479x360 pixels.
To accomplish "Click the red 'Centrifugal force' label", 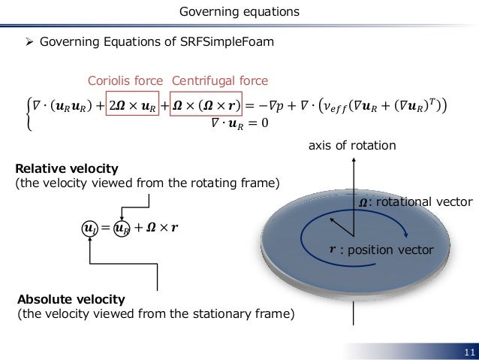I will point(220,80).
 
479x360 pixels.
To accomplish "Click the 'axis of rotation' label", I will point(351,146).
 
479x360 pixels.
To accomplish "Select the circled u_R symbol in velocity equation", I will point(122,226).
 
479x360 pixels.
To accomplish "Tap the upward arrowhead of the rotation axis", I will point(351,159).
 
